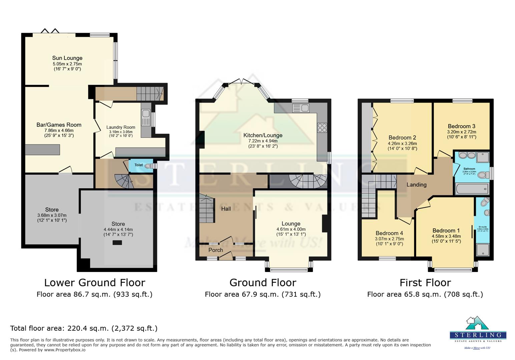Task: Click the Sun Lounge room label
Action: [67, 58]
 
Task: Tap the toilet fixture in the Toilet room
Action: [148, 166]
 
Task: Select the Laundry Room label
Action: [120, 127]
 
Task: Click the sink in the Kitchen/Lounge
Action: [301, 108]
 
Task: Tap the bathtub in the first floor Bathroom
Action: [472, 189]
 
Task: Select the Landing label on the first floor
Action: [416, 185]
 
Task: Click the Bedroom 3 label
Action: [461, 126]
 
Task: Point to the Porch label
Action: [215, 250]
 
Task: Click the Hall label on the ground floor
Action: [226, 209]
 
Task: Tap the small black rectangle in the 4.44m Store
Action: [117, 243]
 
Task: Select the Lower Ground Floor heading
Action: [95, 283]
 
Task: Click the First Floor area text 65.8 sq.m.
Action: [425, 294]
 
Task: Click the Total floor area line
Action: [84, 328]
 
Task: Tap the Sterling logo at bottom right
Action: [478, 332]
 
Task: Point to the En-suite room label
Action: [483, 227]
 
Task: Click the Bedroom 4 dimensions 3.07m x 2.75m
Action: [389, 239]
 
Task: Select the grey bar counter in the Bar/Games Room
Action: [43, 150]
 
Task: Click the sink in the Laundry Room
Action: [146, 114]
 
